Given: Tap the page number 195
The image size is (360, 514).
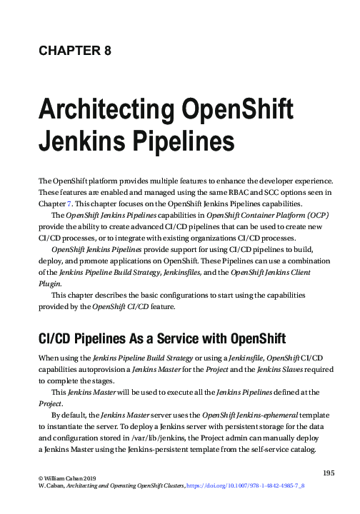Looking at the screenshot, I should [330, 473].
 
